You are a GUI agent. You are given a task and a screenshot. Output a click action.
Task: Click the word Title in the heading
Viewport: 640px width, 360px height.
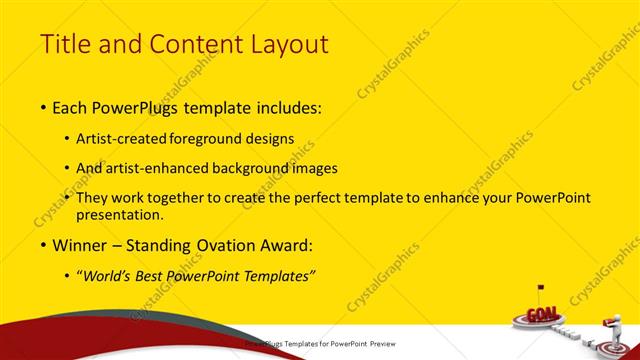tap(65, 44)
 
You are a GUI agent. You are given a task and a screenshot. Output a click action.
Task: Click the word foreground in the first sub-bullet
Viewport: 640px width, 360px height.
tap(217, 139)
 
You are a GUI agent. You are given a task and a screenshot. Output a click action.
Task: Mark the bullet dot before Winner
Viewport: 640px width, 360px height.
tap(43, 245)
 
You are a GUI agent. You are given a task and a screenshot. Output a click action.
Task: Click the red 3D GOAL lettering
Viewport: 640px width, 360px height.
tap(543, 313)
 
